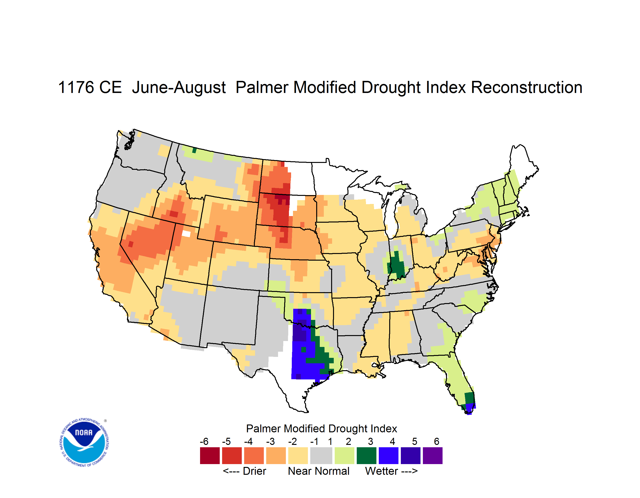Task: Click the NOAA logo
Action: click(x=84, y=442)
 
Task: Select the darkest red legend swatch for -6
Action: click(x=210, y=456)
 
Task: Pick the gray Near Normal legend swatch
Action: click(x=321, y=456)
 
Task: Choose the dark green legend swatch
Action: click(x=366, y=456)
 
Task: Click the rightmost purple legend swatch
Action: click(x=433, y=456)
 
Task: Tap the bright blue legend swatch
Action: click(x=389, y=456)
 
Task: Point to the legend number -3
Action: click(x=270, y=441)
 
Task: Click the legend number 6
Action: click(x=436, y=441)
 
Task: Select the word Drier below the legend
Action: click(x=254, y=471)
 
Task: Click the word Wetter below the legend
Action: click(x=382, y=471)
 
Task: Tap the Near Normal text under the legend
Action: click(x=319, y=471)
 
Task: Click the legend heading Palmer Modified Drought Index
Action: click(x=321, y=429)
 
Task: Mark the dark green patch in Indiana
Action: click(x=397, y=265)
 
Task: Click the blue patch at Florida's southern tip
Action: click(x=470, y=408)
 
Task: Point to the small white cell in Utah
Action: click(x=186, y=234)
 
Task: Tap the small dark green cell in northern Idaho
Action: click(x=194, y=150)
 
